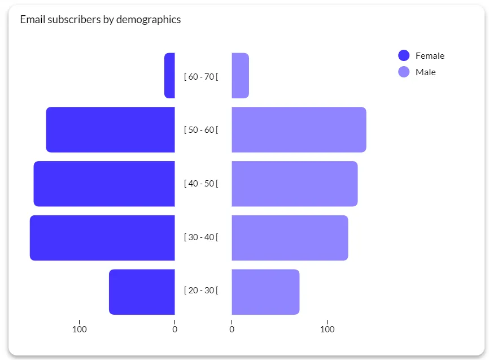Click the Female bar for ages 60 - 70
tap(169, 76)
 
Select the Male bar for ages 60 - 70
tap(241, 76)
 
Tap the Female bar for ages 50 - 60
tap(111, 129)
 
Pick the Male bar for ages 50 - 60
tap(299, 129)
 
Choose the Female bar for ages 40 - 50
tap(104, 184)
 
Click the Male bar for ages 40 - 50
tap(295, 184)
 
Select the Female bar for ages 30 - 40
tap(102, 237)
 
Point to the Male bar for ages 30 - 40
tap(290, 237)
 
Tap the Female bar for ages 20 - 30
tap(142, 292)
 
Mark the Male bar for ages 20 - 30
tap(266, 292)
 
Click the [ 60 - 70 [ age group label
tap(201, 76)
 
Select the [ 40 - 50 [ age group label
tap(201, 183)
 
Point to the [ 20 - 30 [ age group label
tap(201, 290)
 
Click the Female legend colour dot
tap(404, 55)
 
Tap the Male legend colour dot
tap(404, 72)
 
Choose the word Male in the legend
tap(426, 72)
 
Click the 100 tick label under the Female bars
tap(80, 329)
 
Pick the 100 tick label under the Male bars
tap(327, 329)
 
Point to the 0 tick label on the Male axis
tap(232, 329)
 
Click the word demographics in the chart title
tap(149, 20)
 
